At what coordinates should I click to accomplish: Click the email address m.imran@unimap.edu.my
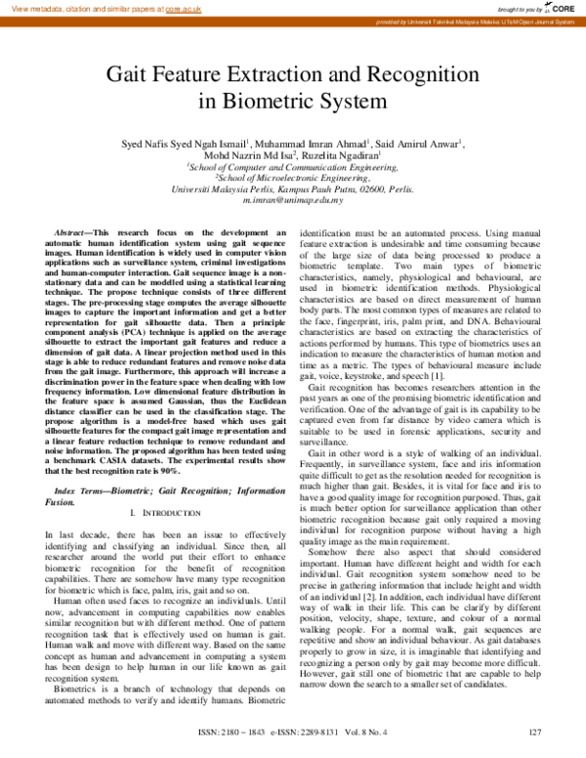[x=293, y=197]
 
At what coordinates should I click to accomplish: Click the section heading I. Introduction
[x=157, y=513]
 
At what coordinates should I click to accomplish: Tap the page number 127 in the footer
[x=534, y=733]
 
